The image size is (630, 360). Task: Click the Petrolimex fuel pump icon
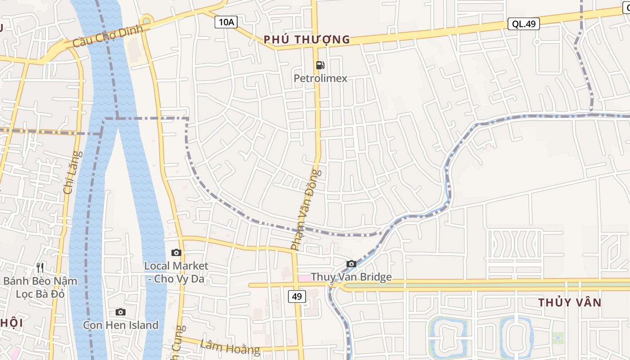click(320, 65)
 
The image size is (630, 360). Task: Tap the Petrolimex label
click(320, 78)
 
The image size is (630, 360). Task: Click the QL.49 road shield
click(524, 24)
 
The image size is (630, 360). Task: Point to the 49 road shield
click(297, 296)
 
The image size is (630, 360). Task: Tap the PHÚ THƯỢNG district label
click(306, 40)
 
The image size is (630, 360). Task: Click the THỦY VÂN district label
click(570, 302)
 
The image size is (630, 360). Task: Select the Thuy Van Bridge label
click(351, 277)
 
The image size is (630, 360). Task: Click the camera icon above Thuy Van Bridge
click(351, 264)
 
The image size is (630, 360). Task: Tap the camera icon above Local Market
click(176, 252)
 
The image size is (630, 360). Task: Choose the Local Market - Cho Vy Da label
click(176, 272)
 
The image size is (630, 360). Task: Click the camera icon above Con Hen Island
click(120, 312)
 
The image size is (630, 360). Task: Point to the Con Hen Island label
click(121, 325)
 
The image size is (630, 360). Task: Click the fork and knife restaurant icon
click(40, 268)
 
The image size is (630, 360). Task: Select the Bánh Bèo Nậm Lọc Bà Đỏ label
click(40, 288)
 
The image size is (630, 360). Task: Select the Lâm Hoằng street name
click(230, 346)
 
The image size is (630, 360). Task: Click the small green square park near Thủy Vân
click(558, 338)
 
